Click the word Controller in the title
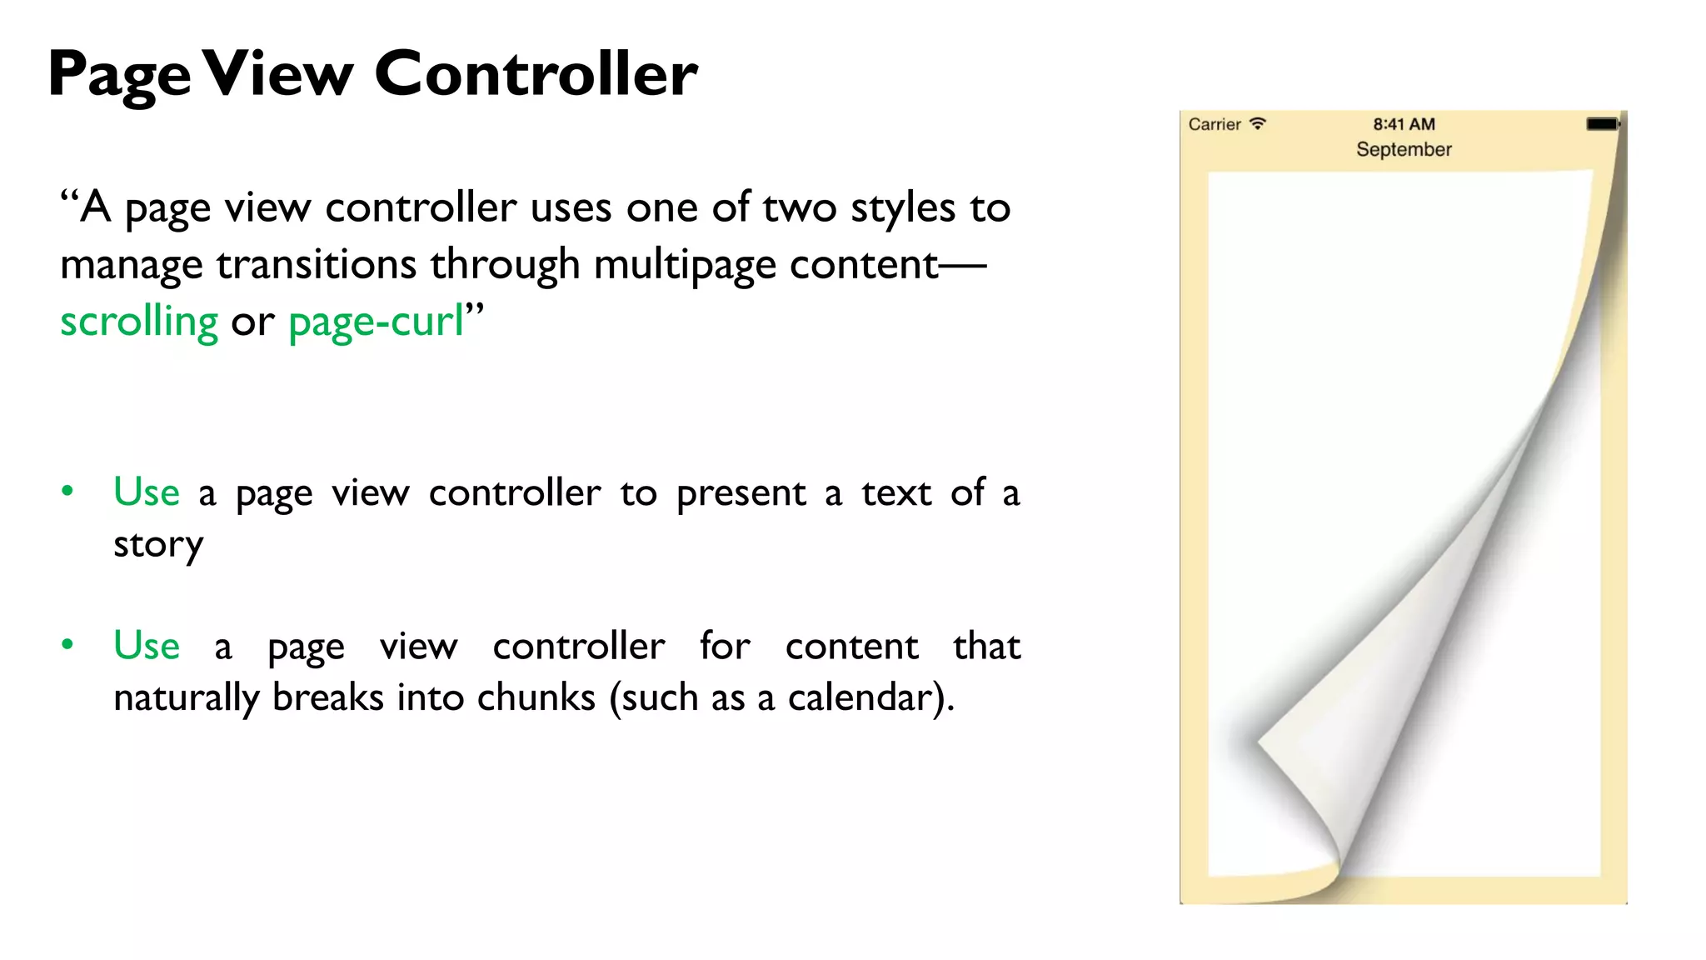536,73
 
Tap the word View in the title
279,73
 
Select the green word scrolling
139,321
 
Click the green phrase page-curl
376,322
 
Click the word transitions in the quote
316,265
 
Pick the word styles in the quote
903,208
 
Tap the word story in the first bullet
158,545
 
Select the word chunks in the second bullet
536,697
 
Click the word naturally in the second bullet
186,697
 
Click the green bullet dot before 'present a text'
67,491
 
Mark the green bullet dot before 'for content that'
67,644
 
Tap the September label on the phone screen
1404,150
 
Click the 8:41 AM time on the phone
1404,124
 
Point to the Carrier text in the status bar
1214,124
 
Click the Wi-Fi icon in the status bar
1258,123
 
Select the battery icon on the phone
1602,124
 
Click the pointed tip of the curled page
1260,739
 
